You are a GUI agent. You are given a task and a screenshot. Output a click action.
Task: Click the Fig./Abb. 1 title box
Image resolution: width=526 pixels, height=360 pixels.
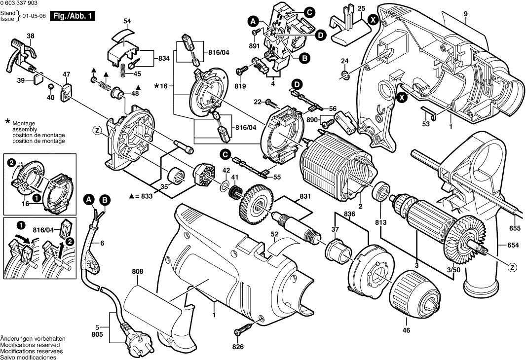pos(75,16)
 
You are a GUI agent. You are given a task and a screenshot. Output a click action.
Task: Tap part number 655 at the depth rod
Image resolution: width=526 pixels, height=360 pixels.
pos(514,228)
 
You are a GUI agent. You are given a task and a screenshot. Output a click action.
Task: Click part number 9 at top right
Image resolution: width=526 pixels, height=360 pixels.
pos(465,14)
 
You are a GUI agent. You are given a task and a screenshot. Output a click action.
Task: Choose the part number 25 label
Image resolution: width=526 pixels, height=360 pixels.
pos(361,9)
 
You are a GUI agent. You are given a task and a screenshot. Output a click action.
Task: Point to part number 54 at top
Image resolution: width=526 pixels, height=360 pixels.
pos(127,21)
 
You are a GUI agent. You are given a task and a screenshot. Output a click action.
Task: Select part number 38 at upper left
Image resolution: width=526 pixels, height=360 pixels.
pos(31,36)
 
